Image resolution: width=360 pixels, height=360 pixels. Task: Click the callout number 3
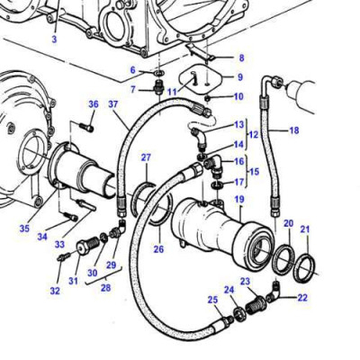pos(53,40)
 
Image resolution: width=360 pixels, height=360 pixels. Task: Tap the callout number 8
pos(239,58)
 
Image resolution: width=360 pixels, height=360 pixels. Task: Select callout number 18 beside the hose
pos(294,130)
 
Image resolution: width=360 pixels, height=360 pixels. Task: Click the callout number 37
pos(114,104)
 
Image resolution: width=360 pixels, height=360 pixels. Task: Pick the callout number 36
pos(93,104)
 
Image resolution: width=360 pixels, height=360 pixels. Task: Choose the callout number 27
pos(146,158)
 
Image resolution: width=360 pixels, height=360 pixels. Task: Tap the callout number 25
pos(211,300)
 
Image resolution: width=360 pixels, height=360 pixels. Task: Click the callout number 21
pos(305,230)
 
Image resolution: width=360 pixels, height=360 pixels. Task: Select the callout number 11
pos(172,92)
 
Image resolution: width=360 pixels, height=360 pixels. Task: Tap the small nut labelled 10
pos(208,97)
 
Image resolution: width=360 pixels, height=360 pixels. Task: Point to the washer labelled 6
pos(157,70)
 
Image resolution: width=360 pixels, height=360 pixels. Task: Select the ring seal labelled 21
pos(305,266)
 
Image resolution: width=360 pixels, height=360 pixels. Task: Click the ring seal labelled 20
pos(280,259)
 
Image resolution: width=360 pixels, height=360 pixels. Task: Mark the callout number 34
pos(42,238)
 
